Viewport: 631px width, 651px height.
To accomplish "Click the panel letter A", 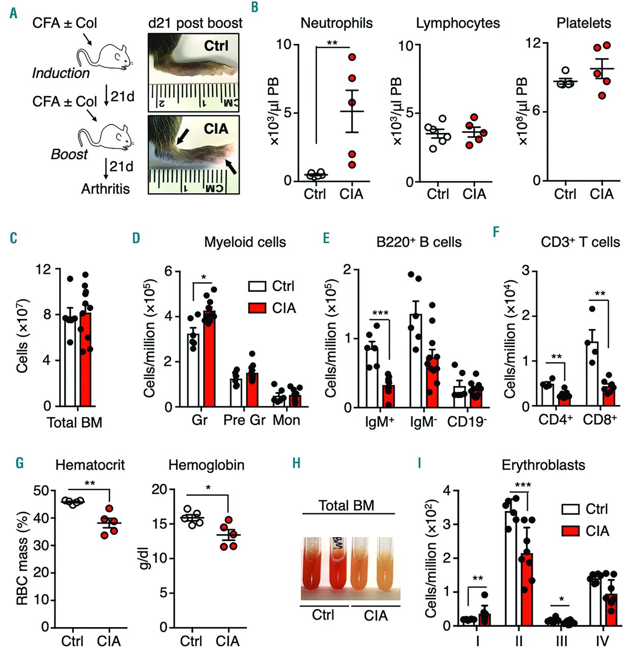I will click(13, 12).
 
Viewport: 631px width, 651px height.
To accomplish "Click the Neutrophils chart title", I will click(336, 23).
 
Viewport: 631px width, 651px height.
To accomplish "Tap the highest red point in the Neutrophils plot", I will click(352, 57).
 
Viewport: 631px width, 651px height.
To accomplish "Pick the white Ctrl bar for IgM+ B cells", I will click(372, 377).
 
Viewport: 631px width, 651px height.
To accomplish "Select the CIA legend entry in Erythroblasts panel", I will click(585, 531).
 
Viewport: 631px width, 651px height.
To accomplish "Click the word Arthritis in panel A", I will click(105, 189).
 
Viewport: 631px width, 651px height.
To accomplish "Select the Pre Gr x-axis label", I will click(245, 420).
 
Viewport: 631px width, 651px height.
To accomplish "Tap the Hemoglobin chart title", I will click(206, 465).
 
